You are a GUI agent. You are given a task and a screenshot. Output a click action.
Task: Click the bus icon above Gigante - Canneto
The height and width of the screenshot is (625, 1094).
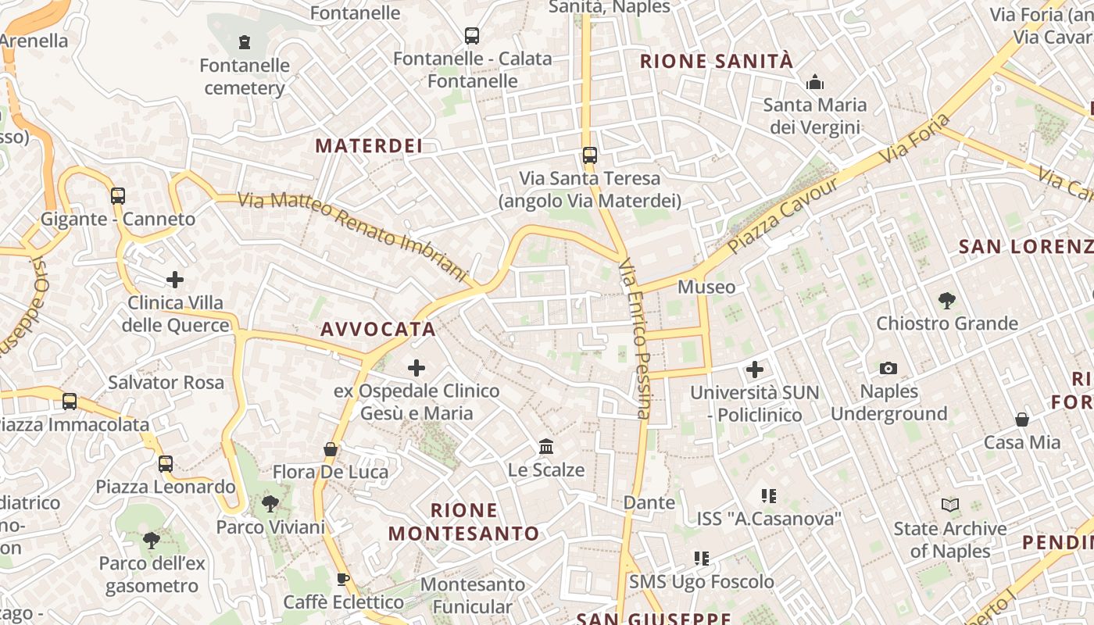coord(118,196)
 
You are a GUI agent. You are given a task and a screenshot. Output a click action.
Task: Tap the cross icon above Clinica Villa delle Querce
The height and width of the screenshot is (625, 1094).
coord(175,279)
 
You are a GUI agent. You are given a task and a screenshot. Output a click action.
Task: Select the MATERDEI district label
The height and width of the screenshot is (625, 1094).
coord(369,145)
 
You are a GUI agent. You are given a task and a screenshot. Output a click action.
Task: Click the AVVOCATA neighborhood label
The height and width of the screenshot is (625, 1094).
coord(378,329)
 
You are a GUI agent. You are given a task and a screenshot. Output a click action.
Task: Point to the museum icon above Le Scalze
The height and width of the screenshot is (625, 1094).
coord(546,447)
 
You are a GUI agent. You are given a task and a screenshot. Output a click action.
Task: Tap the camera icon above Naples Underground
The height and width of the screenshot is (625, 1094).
coord(888,368)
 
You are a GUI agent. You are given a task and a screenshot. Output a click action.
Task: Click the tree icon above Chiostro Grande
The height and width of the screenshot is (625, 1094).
coord(947,300)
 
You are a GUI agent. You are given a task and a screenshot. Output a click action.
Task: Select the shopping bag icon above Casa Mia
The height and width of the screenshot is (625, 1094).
coord(1021,420)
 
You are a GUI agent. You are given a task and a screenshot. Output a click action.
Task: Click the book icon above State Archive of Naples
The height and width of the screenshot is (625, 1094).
coord(950,505)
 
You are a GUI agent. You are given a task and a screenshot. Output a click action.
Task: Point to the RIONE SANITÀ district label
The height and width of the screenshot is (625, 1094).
coord(717,61)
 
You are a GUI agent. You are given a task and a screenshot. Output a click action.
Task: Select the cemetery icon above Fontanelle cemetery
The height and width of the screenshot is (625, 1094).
coord(245,42)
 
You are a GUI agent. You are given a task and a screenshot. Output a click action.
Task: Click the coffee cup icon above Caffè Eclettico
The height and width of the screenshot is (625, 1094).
coord(342,579)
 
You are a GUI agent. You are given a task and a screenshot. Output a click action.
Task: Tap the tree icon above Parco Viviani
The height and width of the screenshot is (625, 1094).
coord(270,503)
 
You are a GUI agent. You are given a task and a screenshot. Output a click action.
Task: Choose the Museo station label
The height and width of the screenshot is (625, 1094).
coord(706,287)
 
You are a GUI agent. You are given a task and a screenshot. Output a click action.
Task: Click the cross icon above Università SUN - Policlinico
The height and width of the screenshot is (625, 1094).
coord(755,369)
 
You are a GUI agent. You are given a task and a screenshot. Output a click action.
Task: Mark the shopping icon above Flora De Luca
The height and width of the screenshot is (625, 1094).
coord(331,449)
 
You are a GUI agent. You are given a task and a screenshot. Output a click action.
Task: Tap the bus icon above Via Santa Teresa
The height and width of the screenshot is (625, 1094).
coord(590,155)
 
